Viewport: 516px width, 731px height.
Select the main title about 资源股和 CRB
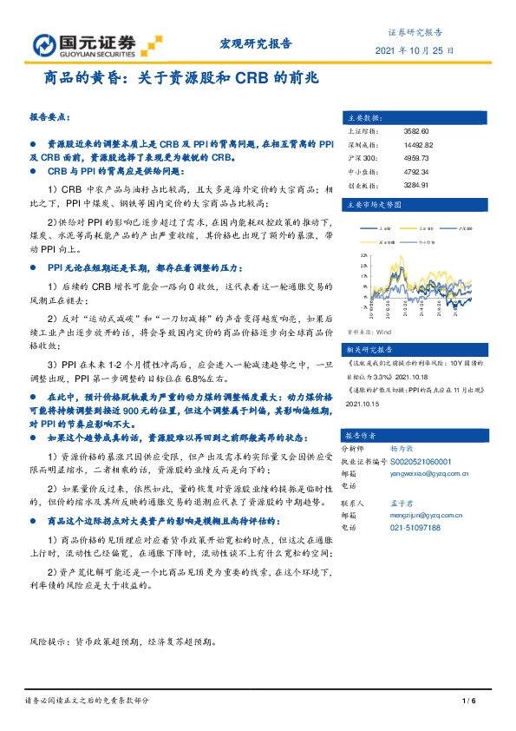tap(181, 77)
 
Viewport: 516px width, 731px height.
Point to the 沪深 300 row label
tap(361, 158)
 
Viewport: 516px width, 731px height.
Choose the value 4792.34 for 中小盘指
tap(417, 172)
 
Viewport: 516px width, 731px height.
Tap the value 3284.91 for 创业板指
tap(417, 185)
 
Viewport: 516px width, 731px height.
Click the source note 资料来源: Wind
tap(369, 331)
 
